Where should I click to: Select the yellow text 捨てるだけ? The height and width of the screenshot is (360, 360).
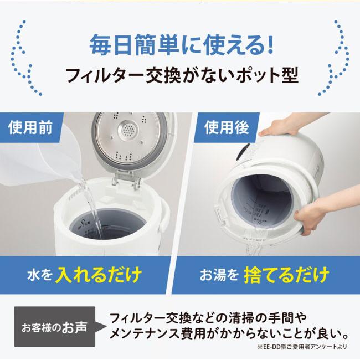point(286,275)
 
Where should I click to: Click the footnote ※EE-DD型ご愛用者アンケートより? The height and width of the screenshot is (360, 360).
point(302,347)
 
